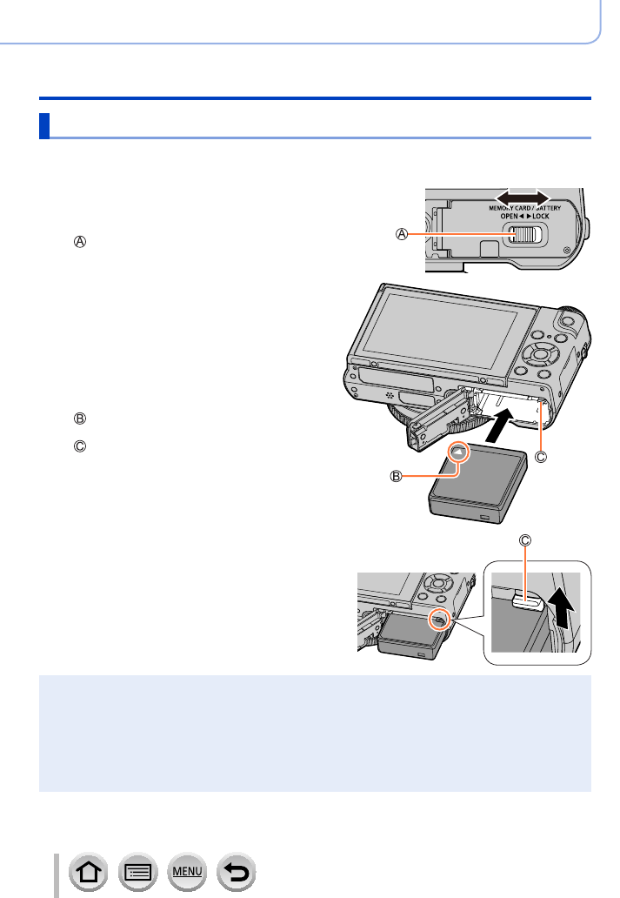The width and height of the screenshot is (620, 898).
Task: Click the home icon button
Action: coord(88,872)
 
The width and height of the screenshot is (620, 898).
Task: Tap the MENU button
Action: coord(187,872)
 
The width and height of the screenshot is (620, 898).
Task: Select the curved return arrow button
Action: coord(237,872)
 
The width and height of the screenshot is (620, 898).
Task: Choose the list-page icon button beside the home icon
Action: coord(138,872)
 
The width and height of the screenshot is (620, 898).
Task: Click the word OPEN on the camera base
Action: coord(509,216)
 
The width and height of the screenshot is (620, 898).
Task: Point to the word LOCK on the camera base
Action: coord(541,216)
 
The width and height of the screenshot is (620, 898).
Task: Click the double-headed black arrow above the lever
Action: coord(522,197)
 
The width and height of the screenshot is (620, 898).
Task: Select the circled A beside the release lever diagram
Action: coord(402,234)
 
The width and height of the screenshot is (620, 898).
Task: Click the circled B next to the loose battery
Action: coord(396,476)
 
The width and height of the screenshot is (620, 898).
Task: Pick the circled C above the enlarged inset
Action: coord(525,540)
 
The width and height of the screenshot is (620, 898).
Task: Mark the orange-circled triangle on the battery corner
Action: coord(458,452)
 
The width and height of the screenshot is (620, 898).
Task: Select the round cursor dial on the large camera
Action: coord(539,354)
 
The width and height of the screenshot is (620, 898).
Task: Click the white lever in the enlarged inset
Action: coord(527,600)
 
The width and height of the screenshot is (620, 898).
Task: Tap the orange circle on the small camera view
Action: coord(439,619)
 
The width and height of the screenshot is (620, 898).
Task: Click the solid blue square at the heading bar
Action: coord(44,126)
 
